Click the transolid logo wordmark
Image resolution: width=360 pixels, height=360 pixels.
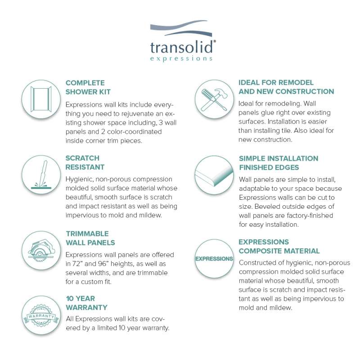(x=183, y=47)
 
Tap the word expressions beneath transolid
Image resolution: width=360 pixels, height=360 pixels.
(x=181, y=58)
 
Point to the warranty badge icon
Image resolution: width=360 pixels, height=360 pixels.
(x=41, y=315)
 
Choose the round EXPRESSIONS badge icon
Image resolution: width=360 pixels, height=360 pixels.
(x=214, y=259)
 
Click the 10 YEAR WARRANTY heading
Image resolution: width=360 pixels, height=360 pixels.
(x=86, y=303)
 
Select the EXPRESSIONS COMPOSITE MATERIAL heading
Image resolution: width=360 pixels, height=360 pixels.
(x=279, y=246)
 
